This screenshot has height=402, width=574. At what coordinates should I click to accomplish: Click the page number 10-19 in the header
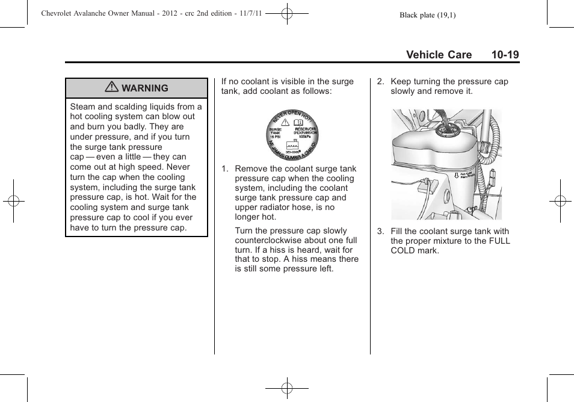pyautogui.click(x=504, y=55)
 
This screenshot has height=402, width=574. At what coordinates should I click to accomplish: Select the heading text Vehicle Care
pyautogui.click(x=439, y=55)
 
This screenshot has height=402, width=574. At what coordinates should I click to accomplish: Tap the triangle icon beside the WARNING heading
pyautogui.click(x=111, y=88)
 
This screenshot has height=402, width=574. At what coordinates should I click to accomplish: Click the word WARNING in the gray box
pyautogui.click(x=145, y=88)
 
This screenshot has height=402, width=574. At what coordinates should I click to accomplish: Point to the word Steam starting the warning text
pyautogui.click(x=82, y=107)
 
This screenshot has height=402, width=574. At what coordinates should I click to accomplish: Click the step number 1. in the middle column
pyautogui.click(x=225, y=169)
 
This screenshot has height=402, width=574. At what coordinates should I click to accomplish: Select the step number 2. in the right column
pyautogui.click(x=381, y=82)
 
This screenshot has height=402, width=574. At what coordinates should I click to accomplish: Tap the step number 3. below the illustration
pyautogui.click(x=381, y=232)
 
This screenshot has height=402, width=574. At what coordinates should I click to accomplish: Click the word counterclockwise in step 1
pyautogui.click(x=270, y=241)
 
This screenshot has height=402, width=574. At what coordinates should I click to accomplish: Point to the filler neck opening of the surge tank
pyautogui.click(x=448, y=128)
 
